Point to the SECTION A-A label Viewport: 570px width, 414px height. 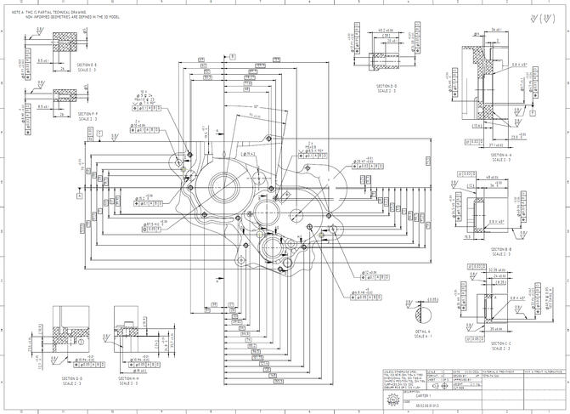(x=499, y=155)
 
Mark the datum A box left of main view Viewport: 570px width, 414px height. (x=78, y=195)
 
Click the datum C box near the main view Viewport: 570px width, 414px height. (x=99, y=133)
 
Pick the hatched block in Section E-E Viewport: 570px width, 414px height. (x=64, y=42)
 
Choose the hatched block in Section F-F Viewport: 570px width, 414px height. (x=64, y=94)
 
